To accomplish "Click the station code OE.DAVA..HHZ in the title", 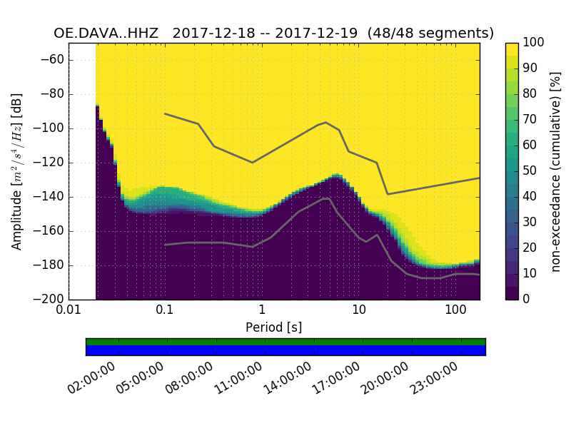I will click(108, 33).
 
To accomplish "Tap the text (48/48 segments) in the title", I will click(430, 33).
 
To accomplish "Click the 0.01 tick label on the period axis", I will click(69, 311).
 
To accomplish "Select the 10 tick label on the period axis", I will click(358, 311).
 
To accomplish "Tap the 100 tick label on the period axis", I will click(455, 311).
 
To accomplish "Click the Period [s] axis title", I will click(273, 327).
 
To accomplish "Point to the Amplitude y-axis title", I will click(17, 171).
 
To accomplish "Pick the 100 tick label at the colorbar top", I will click(534, 43).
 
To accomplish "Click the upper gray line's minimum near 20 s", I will click(388, 194).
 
